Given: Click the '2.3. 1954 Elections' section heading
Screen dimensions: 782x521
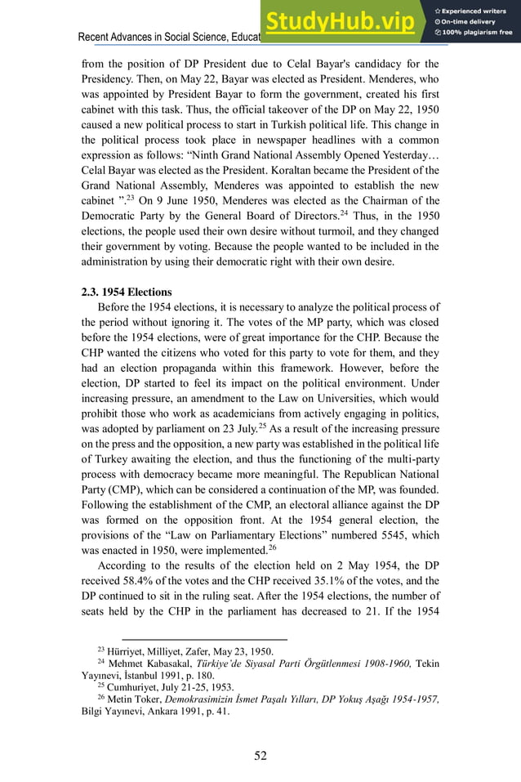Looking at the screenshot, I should point(127,292).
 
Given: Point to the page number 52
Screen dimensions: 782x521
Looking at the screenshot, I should point(260,755).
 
